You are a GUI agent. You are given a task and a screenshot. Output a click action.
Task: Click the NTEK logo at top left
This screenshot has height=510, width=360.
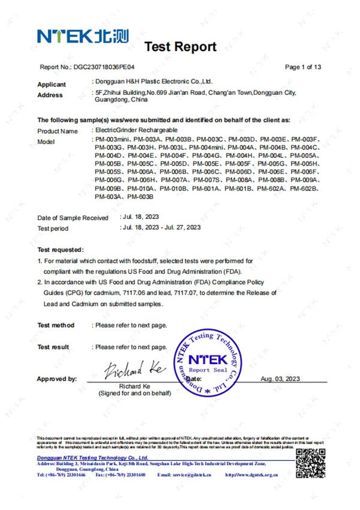83,37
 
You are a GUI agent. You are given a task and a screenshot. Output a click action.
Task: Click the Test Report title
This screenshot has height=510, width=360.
180,47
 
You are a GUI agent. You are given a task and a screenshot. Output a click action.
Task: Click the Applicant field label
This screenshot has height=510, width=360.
52,85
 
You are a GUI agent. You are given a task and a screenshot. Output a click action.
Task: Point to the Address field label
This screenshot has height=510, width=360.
50,95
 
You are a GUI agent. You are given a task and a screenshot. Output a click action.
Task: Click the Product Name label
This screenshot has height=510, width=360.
58,131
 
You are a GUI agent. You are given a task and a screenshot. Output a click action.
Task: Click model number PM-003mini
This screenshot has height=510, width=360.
109,139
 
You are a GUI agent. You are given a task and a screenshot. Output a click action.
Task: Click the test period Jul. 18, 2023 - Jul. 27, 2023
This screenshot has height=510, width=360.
161,227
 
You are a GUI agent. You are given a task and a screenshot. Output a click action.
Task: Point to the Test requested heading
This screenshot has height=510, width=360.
61,249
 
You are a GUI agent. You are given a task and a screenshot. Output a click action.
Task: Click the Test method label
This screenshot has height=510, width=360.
56,325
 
